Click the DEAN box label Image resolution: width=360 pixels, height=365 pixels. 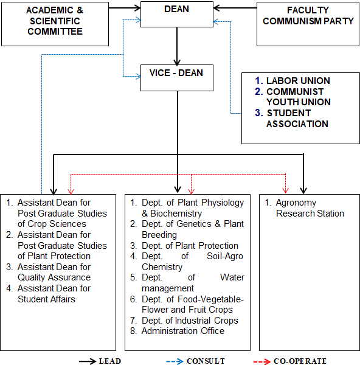176,9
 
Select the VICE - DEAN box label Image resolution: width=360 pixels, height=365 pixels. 176,73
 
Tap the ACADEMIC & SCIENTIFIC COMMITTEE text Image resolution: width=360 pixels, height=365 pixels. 55,21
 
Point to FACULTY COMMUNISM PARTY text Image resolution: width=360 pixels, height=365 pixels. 308,16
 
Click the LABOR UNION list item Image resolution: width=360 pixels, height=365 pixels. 292,81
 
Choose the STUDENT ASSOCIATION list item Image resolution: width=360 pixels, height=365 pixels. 292,118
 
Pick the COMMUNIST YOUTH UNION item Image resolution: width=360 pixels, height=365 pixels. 292,97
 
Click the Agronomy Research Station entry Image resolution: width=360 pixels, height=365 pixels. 305,208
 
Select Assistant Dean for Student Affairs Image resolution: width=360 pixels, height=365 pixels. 49,294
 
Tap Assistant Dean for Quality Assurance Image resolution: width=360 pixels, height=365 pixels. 49,272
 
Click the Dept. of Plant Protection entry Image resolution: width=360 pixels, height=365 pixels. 184,246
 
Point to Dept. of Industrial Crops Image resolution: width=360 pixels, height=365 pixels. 184,321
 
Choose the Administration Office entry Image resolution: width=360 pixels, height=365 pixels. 178,331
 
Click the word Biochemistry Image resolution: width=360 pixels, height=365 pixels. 176,214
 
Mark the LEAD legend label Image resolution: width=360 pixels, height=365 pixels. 110,361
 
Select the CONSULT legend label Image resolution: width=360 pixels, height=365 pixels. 206,361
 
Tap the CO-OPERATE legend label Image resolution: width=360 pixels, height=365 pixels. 300,361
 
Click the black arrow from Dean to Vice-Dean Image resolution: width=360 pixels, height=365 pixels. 177,46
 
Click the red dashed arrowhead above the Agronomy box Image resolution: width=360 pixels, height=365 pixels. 286,190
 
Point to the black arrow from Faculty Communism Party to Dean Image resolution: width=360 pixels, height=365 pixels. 235,8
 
